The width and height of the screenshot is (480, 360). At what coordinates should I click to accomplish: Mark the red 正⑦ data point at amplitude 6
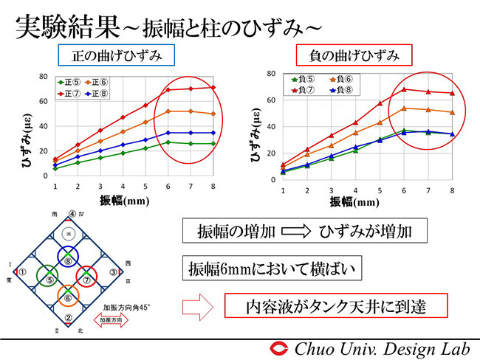[x=168, y=90]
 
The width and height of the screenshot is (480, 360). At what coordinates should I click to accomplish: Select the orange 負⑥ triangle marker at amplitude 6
[x=403, y=108]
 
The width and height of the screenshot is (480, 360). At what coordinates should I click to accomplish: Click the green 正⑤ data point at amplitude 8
[x=213, y=143]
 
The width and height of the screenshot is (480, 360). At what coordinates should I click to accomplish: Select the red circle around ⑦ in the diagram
[x=86, y=279]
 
